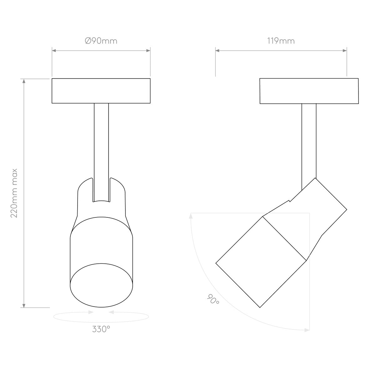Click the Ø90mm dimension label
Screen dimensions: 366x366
pyautogui.click(x=101, y=41)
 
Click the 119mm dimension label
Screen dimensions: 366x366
pyautogui.click(x=281, y=41)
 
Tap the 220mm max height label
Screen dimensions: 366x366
pyautogui.click(x=14, y=193)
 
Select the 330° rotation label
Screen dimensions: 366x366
pyautogui.click(x=101, y=329)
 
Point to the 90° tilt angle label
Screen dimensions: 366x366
pyautogui.click(x=213, y=299)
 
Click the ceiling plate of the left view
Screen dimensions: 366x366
pyautogui.click(x=101, y=91)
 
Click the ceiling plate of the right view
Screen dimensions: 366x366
pyautogui.click(x=309, y=91)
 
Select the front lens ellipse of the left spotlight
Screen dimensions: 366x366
pyautogui.click(x=101, y=286)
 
